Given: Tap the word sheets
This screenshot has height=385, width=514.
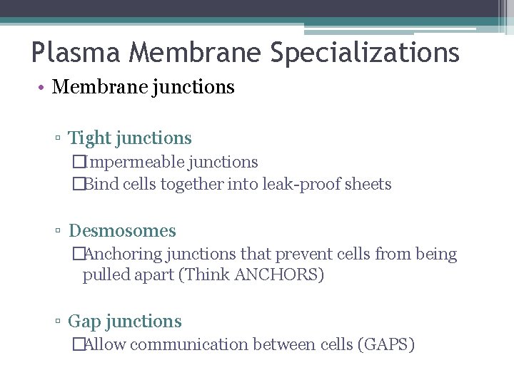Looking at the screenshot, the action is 368,184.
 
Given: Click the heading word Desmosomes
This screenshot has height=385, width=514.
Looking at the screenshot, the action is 122,231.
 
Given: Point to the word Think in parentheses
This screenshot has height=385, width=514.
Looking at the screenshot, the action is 208,274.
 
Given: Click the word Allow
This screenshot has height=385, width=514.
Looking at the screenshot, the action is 106,344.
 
